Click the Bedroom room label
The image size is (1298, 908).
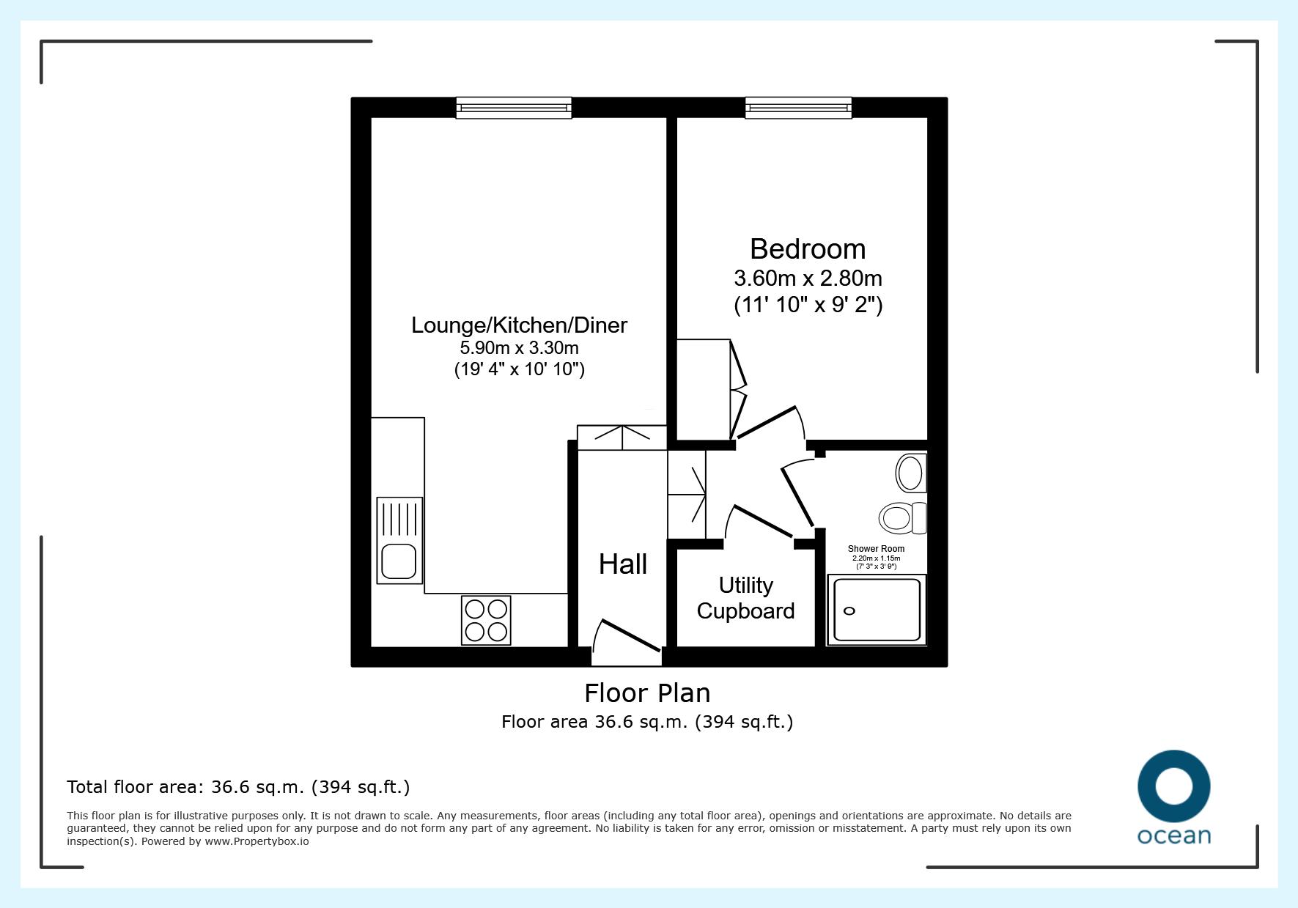808,249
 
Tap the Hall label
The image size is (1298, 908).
623,564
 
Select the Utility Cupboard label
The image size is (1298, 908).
746,598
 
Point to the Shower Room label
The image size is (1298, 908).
876,548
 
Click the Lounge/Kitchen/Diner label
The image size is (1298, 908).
519,325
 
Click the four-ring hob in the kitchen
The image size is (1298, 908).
486,620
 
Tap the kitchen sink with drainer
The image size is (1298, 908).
399,540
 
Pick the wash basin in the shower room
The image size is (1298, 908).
911,473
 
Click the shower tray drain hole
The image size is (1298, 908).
849,611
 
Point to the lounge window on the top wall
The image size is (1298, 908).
513,108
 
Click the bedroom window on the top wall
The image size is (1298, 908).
798,108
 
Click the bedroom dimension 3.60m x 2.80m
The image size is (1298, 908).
808,278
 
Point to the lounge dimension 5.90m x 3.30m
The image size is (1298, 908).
519,347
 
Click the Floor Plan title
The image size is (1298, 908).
647,693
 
